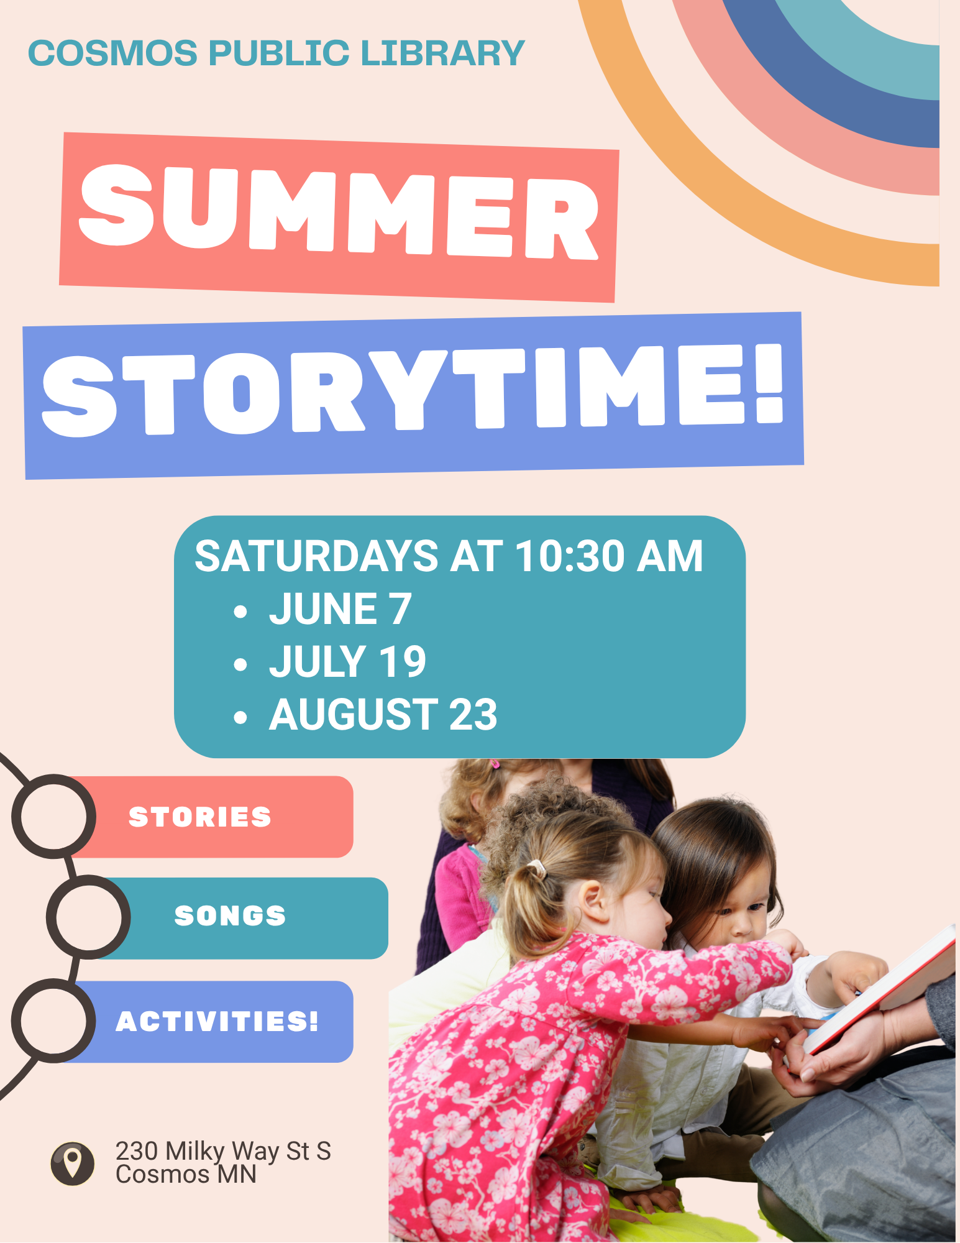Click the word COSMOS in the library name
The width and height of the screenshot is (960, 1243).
pos(113,53)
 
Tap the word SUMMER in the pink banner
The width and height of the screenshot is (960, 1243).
pos(339,213)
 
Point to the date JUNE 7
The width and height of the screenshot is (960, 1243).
pos(340,608)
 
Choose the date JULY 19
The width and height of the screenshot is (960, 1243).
pos(347,661)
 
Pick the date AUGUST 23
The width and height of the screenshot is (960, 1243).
pos(383,714)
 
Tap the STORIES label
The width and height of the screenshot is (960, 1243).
pos(200,817)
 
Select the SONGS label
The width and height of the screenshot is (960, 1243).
pos(230,915)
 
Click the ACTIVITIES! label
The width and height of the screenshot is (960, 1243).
pos(217,1021)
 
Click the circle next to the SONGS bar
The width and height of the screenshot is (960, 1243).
pos(88,878)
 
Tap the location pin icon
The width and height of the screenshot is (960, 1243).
pos(73,1163)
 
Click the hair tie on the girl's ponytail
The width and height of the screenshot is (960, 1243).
pos(537,869)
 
